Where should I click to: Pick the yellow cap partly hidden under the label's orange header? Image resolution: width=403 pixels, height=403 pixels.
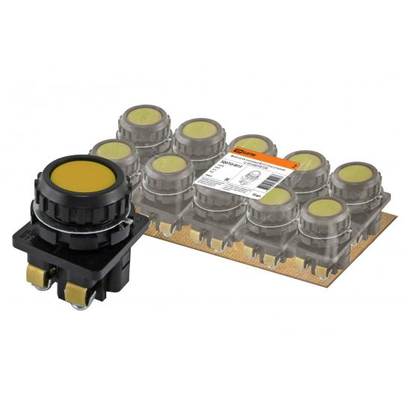[252, 144]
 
